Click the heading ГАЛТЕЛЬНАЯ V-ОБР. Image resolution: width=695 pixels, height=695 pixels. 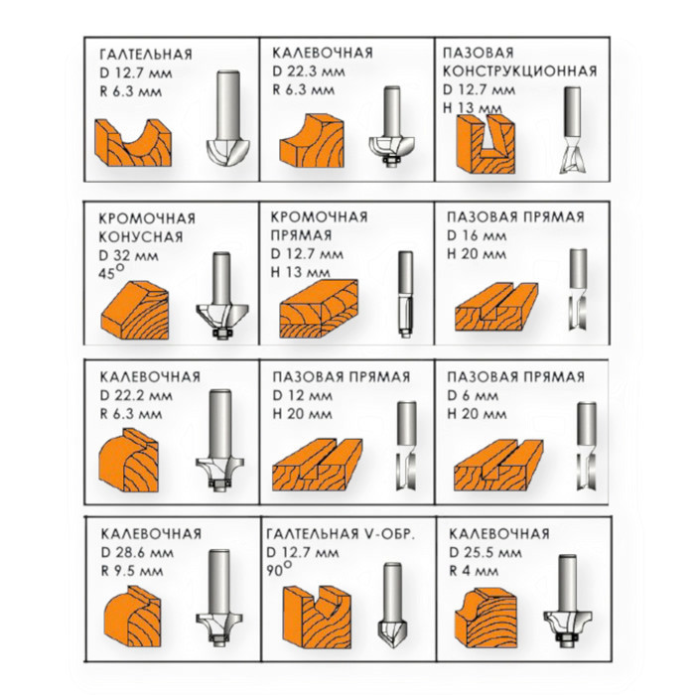tap(341, 534)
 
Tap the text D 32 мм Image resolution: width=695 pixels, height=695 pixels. tap(128, 255)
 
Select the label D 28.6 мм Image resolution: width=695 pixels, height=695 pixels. tap(137, 552)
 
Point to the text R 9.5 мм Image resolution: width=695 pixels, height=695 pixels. tap(132, 571)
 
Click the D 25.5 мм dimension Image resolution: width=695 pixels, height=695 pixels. tap(485, 552)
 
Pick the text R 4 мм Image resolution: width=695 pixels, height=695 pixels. tap(474, 571)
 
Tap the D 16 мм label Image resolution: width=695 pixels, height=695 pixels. tap(477, 235)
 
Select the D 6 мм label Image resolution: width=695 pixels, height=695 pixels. tap(473, 395)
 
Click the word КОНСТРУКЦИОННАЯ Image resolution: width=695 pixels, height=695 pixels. tap(520, 70)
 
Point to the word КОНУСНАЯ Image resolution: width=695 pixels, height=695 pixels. tap(141, 236)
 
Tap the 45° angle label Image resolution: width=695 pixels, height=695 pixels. tap(111, 271)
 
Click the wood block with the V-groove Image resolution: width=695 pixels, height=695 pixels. tap(317, 617)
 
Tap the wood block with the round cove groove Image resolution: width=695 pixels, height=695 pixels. tap(133, 143)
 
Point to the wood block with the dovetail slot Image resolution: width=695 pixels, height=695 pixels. tap(486, 144)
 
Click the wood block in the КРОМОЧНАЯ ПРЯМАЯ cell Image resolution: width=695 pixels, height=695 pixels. tap(319, 309)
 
